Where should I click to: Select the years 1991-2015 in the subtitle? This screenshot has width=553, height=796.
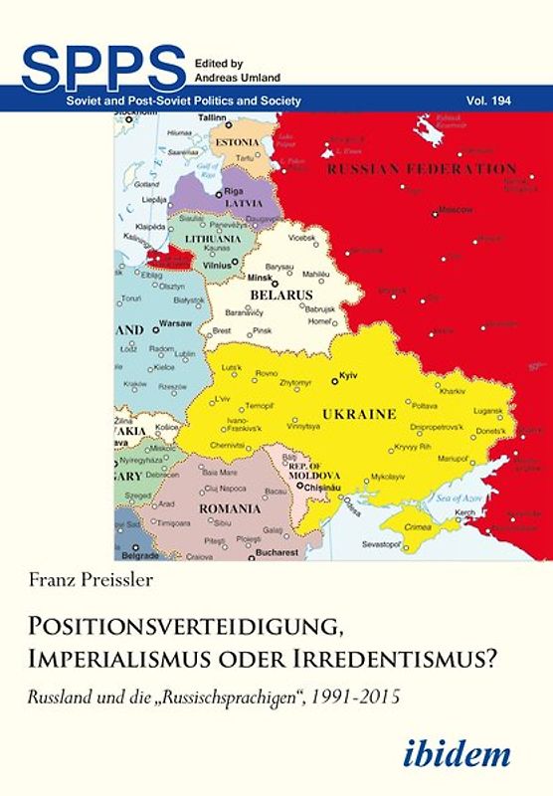click(x=361, y=684)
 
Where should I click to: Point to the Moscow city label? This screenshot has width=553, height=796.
click(x=458, y=210)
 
